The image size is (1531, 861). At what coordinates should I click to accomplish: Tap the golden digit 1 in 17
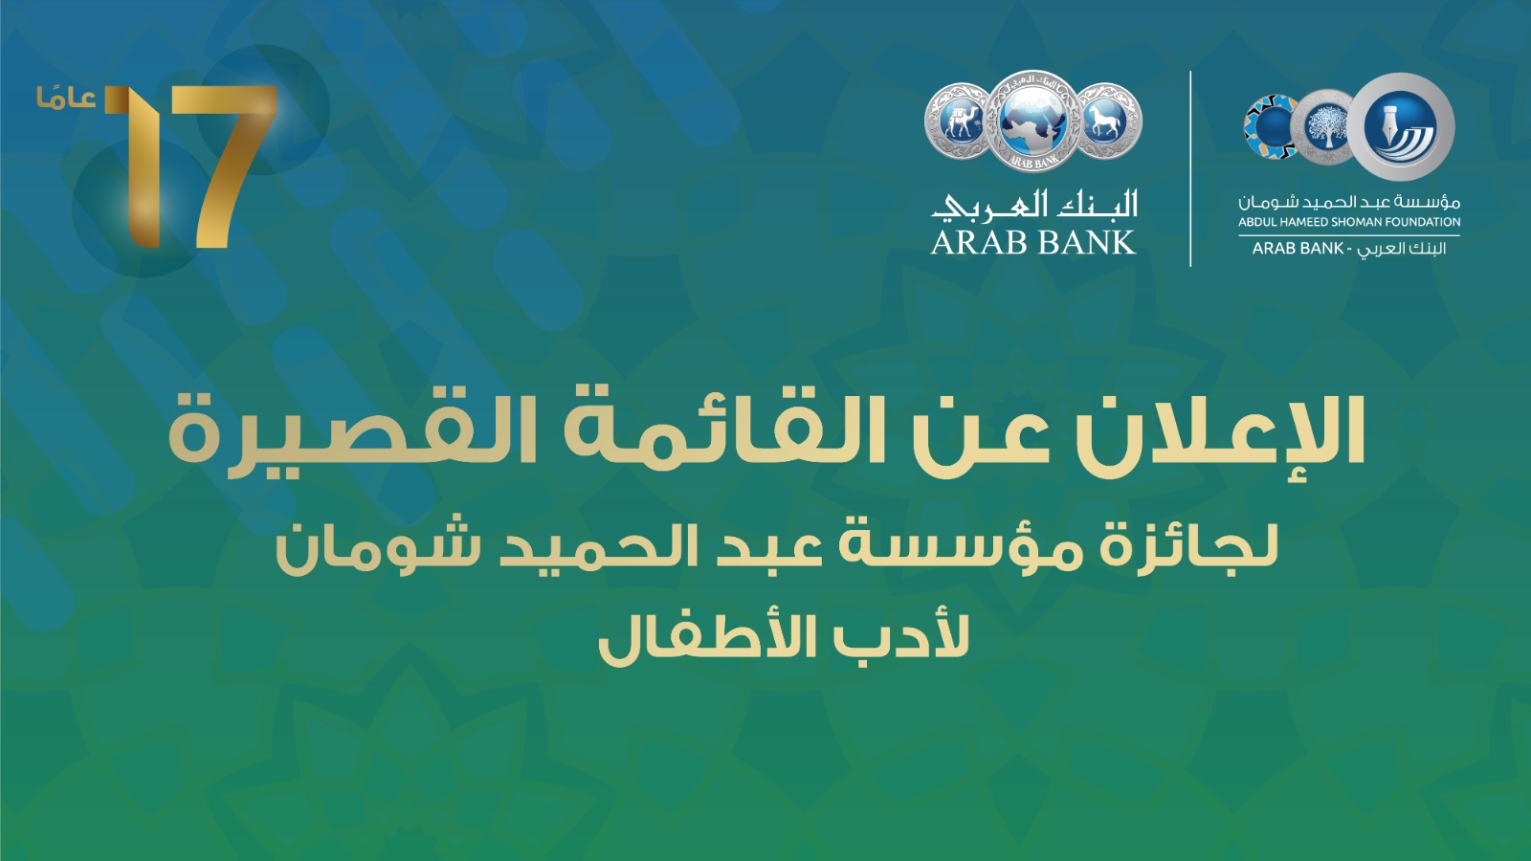pos(137,167)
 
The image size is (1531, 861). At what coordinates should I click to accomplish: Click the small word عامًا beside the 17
pos(66,99)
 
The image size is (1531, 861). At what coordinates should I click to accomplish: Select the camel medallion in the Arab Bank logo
pos(958,121)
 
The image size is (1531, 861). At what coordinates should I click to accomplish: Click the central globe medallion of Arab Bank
pos(1032,121)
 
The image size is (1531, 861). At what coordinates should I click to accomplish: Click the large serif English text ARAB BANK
pos(1032,243)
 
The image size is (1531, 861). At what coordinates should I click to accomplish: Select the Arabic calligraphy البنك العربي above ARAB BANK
pos(1034,205)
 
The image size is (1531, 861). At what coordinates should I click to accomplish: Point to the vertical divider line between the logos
pos(1190,168)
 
